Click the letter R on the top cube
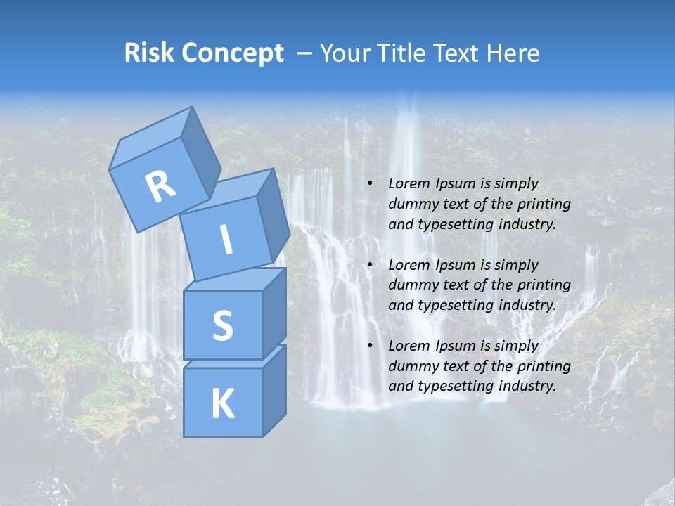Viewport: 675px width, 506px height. pyautogui.click(x=160, y=187)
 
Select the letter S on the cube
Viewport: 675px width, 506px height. pyautogui.click(x=222, y=326)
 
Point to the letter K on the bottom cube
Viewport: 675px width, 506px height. pyautogui.click(x=222, y=404)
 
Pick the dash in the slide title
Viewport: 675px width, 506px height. pyautogui.click(x=304, y=53)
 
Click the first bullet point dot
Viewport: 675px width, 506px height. pyautogui.click(x=370, y=184)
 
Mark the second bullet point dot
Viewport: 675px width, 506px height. pyautogui.click(x=370, y=266)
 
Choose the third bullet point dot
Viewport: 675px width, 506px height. pyautogui.click(x=370, y=346)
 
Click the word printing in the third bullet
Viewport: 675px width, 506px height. pyautogui.click(x=544, y=366)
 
